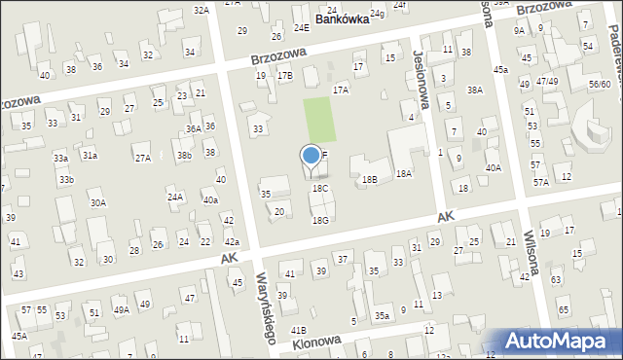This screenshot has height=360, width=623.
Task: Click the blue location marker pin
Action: tap(311, 158)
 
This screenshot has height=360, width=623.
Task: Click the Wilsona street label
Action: tap(533, 250)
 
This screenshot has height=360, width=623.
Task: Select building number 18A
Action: tap(404, 173)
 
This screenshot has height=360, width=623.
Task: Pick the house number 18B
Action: tap(370, 179)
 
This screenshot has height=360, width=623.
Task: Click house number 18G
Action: tap(319, 221)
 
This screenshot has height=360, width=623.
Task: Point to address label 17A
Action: tap(341, 90)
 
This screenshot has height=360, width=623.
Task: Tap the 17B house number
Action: tap(284, 75)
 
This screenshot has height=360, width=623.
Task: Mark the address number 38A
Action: tap(474, 90)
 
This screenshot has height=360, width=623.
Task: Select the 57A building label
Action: tap(540, 181)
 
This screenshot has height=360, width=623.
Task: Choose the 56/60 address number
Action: tap(600, 85)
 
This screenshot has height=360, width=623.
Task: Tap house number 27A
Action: tap(142, 158)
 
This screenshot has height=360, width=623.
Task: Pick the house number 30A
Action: tap(98, 203)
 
